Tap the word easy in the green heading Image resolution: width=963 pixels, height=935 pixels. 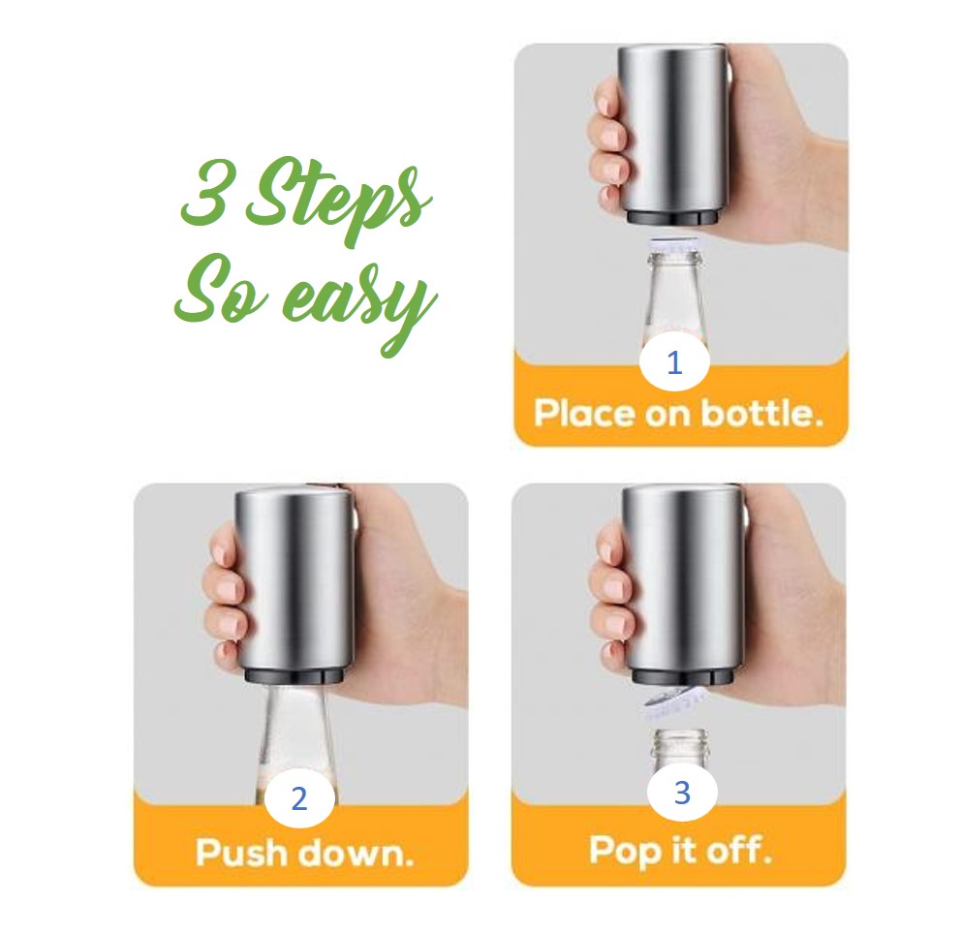click(352, 297)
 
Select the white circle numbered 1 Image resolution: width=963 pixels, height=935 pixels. click(675, 363)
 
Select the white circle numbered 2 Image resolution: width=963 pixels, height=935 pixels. click(298, 798)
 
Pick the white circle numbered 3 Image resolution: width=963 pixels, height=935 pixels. click(682, 793)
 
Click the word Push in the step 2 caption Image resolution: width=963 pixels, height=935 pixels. click(241, 854)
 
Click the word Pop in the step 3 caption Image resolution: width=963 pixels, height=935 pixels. click(624, 851)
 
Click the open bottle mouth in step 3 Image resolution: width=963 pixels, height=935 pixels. click(681, 737)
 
